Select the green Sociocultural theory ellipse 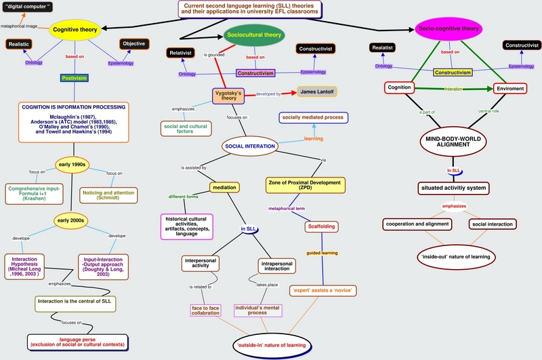coord(253,35)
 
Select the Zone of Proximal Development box coord(306,185)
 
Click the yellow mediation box coord(224,187)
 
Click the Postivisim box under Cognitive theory coord(76,78)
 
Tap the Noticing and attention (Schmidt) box coord(110,195)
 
